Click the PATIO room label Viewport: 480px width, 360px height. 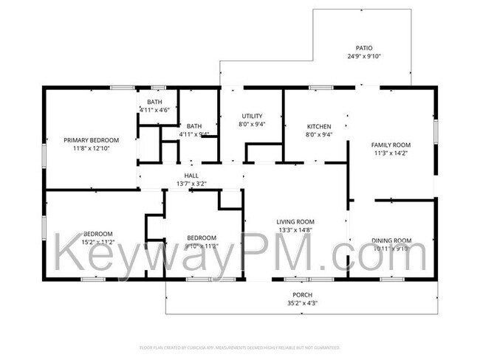[363, 47]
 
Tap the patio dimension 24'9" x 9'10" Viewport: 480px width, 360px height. [363, 56]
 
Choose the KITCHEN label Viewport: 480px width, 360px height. [318, 126]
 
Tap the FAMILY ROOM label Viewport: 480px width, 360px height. [391, 145]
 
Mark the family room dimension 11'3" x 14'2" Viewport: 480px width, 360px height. [391, 153]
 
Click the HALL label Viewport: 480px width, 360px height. [191, 175]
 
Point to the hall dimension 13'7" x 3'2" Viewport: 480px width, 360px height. [191, 183]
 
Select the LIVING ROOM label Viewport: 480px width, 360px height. [295, 221]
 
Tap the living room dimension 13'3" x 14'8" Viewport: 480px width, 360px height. [295, 229]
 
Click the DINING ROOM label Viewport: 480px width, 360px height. [391, 240]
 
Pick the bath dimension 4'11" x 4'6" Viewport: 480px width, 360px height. [155, 110]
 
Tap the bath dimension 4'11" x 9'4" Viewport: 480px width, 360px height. [194, 134]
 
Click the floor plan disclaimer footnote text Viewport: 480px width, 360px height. [239, 347]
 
